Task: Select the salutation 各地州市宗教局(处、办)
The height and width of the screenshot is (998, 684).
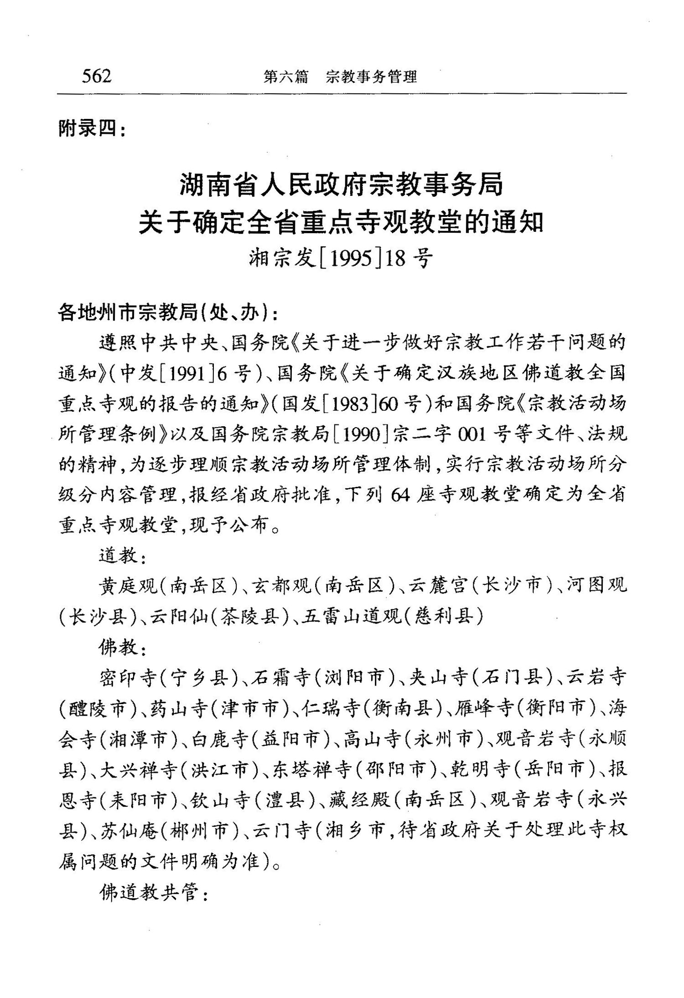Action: tap(167, 312)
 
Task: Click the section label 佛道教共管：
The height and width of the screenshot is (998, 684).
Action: tap(154, 894)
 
